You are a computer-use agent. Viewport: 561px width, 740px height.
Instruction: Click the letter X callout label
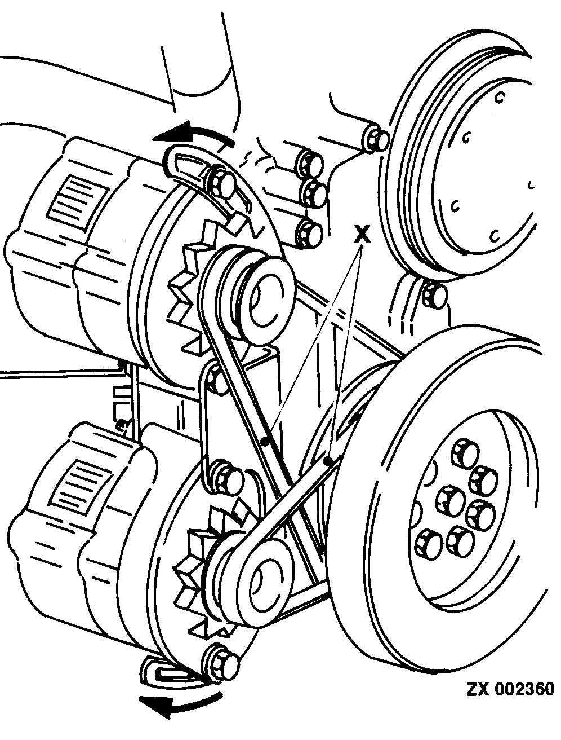[x=363, y=233]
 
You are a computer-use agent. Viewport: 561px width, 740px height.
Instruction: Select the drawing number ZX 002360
[x=510, y=690]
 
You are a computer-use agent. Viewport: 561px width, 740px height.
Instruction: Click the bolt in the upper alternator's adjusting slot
[x=222, y=182]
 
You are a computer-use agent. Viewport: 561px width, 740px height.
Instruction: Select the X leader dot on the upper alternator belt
[x=265, y=439]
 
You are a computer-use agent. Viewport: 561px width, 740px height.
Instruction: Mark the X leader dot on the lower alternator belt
[x=328, y=461]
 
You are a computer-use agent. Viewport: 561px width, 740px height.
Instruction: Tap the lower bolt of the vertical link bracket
[x=228, y=475]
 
